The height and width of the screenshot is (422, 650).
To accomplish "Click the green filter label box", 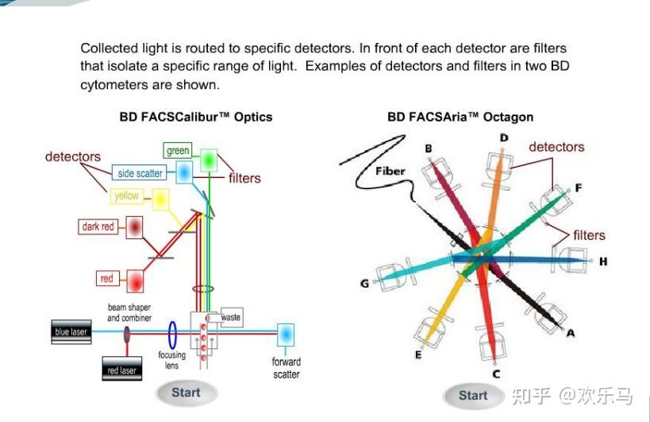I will tap(178, 150).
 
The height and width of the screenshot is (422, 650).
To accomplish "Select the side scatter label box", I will tap(140, 173).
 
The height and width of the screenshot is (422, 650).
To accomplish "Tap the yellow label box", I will tap(127, 196).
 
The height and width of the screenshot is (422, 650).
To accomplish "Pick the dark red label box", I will tap(98, 226).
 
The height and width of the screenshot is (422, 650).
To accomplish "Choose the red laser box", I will tap(122, 370).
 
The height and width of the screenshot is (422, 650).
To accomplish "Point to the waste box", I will tap(231, 317).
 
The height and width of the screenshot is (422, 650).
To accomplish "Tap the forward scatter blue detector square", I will tap(285, 333).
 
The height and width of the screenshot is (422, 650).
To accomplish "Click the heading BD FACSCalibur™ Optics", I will tap(196, 117).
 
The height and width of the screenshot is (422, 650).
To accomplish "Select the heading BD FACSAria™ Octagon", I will tap(460, 117).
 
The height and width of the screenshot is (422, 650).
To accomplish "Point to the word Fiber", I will tap(390, 171).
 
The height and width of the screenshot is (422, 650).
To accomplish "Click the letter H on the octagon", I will tap(603, 261).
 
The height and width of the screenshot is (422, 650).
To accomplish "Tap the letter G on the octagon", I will tap(364, 283).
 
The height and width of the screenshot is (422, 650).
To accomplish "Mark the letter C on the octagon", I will tap(496, 374).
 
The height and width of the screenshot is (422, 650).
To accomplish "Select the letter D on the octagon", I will tap(503, 138).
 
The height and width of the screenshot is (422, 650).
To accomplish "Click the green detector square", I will tap(209, 160).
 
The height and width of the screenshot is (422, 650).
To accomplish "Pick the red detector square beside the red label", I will tap(134, 281).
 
